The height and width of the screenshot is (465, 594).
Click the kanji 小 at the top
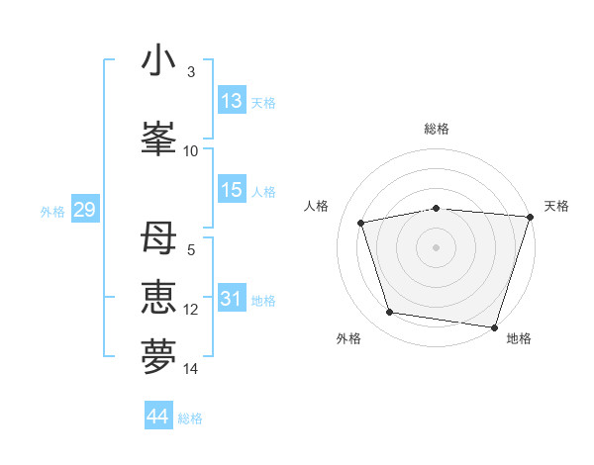[158, 61]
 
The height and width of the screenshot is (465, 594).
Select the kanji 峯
[158, 136]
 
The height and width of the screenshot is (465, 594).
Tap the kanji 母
[158, 239]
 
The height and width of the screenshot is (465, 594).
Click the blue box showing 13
[232, 101]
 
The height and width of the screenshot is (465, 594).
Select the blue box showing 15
[232, 190]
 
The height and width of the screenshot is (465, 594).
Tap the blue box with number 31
[232, 300]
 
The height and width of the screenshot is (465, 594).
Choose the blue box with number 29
[84, 211]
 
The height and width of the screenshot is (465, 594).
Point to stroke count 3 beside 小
[190, 73]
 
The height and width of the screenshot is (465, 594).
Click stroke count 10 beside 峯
[191, 150]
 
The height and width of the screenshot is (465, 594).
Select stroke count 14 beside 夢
[191, 369]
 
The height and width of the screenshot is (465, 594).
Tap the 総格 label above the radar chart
[437, 129]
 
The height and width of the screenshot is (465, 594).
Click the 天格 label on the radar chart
[557, 206]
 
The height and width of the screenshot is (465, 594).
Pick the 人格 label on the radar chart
[317, 206]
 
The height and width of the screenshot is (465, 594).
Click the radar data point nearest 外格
[390, 313]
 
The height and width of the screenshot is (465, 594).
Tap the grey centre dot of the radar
[437, 246]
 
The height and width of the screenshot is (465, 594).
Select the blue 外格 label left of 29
[52, 212]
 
